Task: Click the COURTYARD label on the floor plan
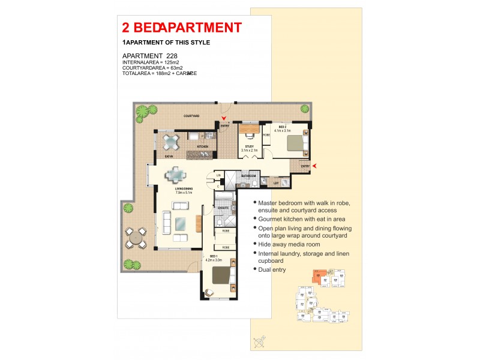(191, 115)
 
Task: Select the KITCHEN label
(203, 146)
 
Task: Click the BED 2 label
(282, 128)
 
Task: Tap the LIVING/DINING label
(183, 190)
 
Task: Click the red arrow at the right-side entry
(314, 166)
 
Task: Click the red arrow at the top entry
(224, 119)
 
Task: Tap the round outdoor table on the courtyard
(136, 238)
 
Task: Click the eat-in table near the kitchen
(172, 142)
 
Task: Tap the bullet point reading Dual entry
(272, 270)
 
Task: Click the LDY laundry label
(275, 183)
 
